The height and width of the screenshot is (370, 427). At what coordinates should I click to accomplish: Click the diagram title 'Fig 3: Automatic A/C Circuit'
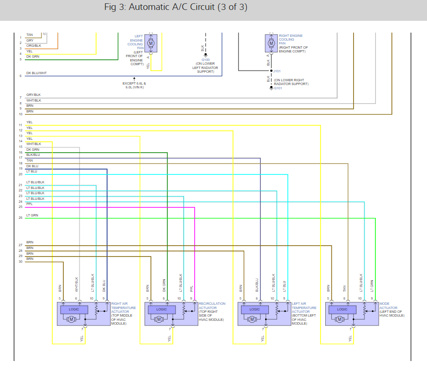coord(175,8)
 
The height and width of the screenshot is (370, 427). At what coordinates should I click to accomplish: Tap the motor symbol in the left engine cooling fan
coord(151,43)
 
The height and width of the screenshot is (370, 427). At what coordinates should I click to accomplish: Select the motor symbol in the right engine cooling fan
coord(271,43)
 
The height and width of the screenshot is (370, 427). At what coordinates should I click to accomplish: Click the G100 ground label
coord(205,60)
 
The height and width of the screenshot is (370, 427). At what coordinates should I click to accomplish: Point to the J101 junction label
coord(277,71)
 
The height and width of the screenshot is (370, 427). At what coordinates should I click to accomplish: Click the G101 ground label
coord(277,88)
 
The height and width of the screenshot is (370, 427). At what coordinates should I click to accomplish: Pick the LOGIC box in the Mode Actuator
coord(342,310)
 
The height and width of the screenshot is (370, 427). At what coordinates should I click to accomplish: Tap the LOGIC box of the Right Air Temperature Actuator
coord(74,310)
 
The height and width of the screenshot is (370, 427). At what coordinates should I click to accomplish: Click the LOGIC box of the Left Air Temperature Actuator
coord(255,310)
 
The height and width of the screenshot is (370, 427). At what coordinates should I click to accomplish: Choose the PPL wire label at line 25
coord(29,204)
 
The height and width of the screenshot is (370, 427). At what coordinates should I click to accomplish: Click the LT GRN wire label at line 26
coord(32,215)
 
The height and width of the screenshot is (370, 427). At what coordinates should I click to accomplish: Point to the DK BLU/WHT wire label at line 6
coord(36,73)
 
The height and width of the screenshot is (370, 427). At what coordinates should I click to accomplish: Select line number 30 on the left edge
coord(20,261)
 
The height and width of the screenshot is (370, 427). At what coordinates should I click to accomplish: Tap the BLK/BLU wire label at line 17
coord(33,155)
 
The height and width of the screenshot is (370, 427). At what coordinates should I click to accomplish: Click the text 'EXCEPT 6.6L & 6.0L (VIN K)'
coord(134,85)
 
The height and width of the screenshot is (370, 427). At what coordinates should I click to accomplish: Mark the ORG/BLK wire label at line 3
coord(34,46)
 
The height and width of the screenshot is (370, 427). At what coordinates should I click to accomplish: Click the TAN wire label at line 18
coord(29,161)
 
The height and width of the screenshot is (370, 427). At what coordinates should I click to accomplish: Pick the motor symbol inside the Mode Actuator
coord(339,319)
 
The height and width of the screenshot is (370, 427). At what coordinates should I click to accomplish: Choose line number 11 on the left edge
coord(20,125)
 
